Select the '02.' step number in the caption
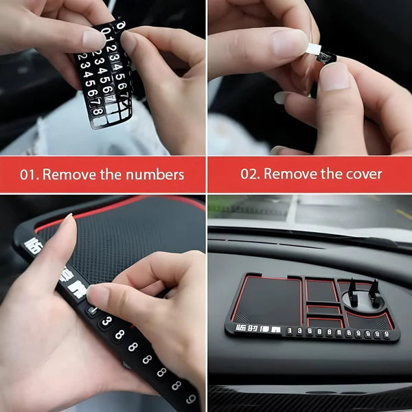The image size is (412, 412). coord(250,174)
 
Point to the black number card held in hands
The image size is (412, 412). coord(103,76)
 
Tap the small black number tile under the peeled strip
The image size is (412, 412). coord(325,58)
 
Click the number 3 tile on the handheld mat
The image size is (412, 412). coord(106,321)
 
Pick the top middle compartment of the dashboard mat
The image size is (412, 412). coord(321,290)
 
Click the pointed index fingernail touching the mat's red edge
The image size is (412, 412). coord(67,220)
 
